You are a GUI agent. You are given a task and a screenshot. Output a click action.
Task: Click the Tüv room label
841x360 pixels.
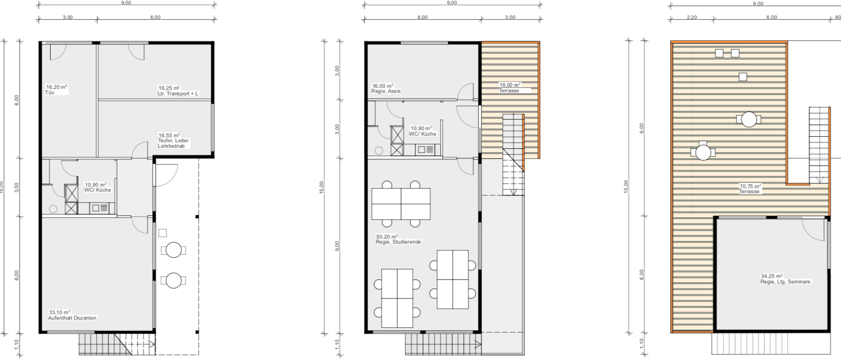[x=49, y=92]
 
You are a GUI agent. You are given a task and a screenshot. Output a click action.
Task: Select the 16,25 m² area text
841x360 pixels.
[x=169, y=88]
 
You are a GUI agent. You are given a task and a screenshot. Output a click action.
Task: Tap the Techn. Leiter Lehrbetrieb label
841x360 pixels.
[x=173, y=143]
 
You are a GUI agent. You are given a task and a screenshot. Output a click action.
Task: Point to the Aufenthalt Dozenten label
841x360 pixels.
[x=72, y=318]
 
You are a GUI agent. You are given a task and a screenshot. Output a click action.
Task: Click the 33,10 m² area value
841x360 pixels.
[x=59, y=312]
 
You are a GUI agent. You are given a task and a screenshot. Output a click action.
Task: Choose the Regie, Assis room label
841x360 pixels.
[x=386, y=91]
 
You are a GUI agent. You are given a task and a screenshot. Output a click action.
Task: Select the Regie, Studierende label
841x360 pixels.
[x=398, y=242]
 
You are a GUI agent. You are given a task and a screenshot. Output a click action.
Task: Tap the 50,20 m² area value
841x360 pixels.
[x=387, y=236]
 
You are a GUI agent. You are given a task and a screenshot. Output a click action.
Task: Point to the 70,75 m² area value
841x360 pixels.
[x=750, y=186]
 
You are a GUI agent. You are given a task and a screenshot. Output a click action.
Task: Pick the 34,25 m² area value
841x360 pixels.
[x=772, y=276]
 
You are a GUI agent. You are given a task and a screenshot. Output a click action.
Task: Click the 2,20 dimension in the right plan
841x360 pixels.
[x=692, y=18]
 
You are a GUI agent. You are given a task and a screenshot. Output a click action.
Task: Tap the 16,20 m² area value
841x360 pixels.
[x=56, y=87]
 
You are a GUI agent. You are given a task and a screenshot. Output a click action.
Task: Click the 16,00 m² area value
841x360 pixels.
[x=383, y=86]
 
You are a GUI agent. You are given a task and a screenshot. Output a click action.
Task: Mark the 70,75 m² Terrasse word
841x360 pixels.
[x=749, y=192]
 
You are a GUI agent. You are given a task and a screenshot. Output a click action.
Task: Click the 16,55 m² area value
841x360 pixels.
[x=169, y=135]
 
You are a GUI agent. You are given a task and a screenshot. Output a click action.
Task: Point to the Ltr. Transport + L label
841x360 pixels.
[x=178, y=93]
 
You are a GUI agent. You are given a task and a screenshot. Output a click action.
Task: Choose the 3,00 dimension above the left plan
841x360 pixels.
[x=68, y=18]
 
